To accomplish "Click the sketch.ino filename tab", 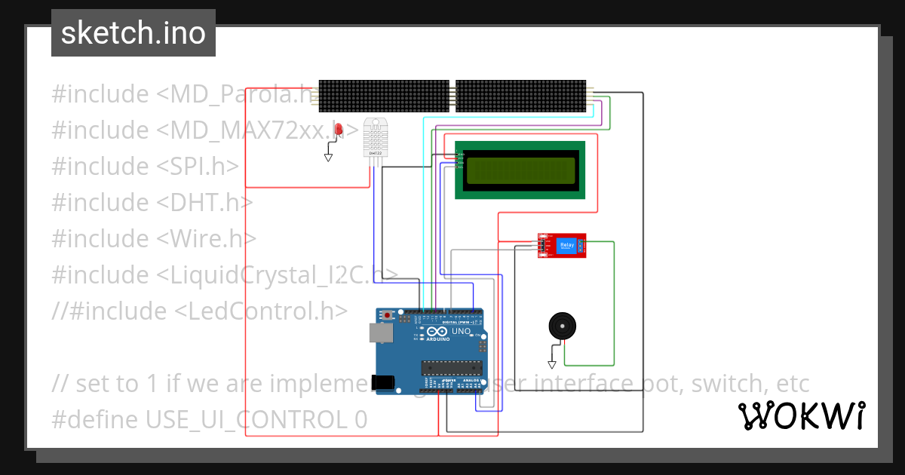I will pyautogui.click(x=133, y=33).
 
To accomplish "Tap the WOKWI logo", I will pyautogui.click(x=801, y=415).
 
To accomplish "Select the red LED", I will pyautogui.click(x=339, y=130).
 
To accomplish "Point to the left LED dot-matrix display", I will pyautogui.click(x=383, y=97).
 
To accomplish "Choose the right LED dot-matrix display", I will pyautogui.click(x=520, y=97).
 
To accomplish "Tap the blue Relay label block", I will pyautogui.click(x=566, y=245).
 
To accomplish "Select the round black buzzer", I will pyautogui.click(x=560, y=326).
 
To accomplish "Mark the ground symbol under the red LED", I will pyautogui.click(x=328, y=158).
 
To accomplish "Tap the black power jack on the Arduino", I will pyautogui.click(x=385, y=382).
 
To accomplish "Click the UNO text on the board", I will pyautogui.click(x=461, y=331).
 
